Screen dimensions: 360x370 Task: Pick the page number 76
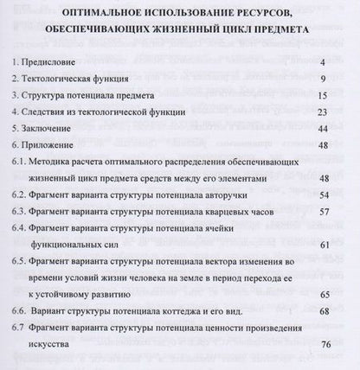[x=325, y=344]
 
